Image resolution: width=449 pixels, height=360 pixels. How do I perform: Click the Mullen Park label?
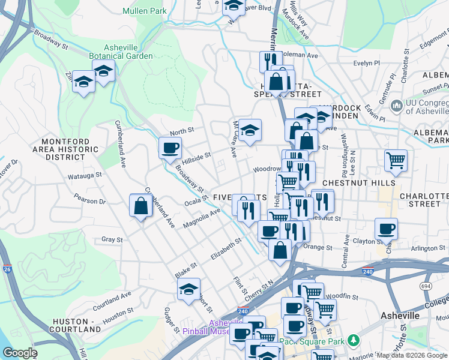point(144,10)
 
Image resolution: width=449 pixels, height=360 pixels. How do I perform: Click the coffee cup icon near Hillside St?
point(170,147)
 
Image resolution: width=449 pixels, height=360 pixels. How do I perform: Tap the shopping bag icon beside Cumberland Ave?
point(140,206)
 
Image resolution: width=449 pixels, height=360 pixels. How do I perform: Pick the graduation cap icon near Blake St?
point(189,289)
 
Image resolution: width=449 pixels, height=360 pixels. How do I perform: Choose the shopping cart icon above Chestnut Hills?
point(396,160)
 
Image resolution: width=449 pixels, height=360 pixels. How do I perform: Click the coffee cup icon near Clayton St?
point(386,228)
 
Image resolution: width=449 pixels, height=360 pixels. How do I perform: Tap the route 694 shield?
point(426,286)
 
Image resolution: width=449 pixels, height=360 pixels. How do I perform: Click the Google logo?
point(20,353)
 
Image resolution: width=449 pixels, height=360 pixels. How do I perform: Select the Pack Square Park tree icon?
point(354,340)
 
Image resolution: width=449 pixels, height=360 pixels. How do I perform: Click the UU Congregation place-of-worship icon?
point(396,106)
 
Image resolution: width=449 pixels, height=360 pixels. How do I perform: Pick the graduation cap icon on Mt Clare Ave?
point(250,129)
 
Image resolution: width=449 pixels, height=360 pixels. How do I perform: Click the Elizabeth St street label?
point(226,248)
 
